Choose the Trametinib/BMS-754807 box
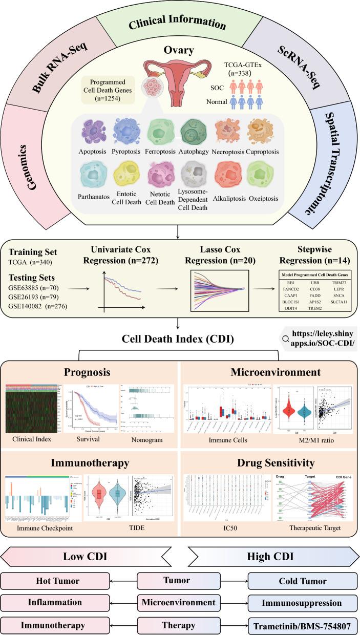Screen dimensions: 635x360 pyautogui.click(x=302, y=625)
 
